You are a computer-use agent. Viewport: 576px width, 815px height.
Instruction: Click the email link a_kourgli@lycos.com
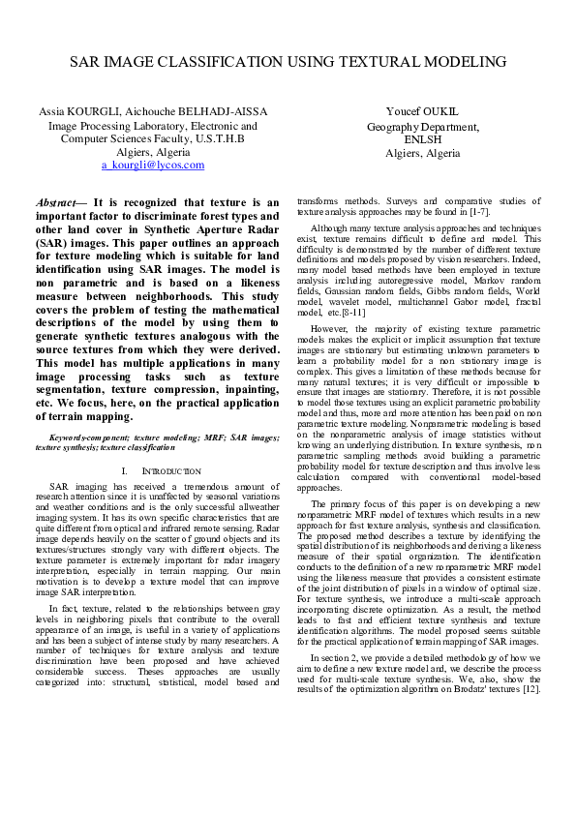pyautogui.click(x=153, y=165)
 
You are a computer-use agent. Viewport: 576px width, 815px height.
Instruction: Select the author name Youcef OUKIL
pyautogui.click(x=421, y=112)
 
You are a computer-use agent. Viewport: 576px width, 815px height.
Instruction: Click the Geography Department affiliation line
pyautogui.click(x=421, y=127)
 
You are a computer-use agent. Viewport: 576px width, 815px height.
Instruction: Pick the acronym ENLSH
pyautogui.click(x=422, y=139)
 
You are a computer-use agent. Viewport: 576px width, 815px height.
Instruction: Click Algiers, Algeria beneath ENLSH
pyautogui.click(x=422, y=153)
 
